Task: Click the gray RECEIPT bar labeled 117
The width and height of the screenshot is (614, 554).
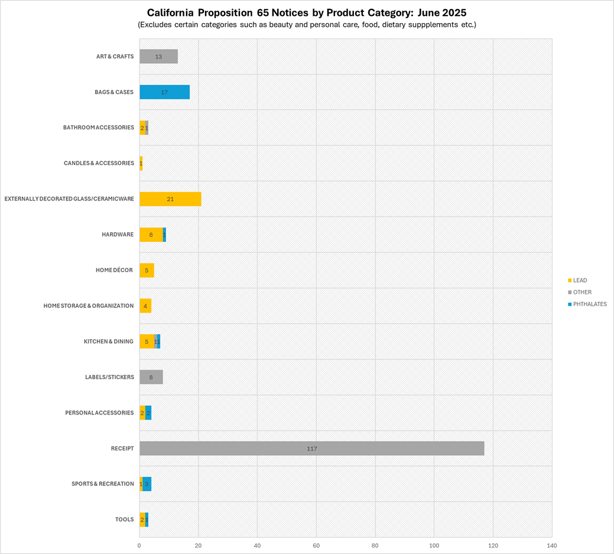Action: pos(311,448)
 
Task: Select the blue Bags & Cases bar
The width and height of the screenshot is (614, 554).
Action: pos(164,92)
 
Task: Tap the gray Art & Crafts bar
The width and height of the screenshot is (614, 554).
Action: pos(158,57)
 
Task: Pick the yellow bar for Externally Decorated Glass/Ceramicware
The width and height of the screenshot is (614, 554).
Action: pos(170,199)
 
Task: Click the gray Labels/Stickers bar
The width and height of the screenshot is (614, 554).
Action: pos(151,377)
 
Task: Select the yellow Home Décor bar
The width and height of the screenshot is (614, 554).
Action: pos(147,270)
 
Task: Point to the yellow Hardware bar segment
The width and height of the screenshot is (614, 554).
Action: pos(151,235)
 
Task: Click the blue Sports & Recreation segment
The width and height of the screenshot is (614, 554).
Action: pos(147,484)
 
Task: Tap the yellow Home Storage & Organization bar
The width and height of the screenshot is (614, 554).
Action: pos(145,306)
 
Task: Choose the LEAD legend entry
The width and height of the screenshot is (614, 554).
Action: pos(580,280)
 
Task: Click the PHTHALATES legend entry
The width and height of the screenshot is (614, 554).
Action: pos(589,304)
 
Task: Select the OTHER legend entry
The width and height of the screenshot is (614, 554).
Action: pos(581,292)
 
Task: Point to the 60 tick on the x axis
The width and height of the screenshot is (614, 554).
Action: pos(316,545)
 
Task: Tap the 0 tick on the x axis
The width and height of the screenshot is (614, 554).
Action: pos(139,545)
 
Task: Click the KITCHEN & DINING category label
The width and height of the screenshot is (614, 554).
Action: pos(109,341)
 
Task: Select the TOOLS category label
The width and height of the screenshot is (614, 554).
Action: pos(124,519)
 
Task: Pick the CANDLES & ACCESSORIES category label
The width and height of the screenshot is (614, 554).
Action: pos(99,163)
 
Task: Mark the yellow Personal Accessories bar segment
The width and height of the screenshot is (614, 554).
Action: pos(142,413)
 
